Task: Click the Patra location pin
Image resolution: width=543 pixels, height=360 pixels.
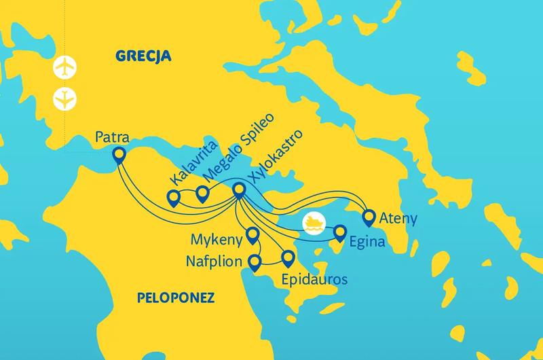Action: pos(120,156)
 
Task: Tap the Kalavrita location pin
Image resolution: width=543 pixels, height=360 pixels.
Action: pos(173,198)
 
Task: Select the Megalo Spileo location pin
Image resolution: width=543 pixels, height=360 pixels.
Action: pos(202,194)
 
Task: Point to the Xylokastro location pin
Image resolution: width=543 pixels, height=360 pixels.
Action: pos(239,190)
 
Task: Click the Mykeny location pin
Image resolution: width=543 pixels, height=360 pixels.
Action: pos(252,235)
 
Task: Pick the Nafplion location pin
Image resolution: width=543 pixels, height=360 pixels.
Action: pos(256,262)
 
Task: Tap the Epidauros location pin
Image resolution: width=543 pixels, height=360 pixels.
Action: pos(288,258)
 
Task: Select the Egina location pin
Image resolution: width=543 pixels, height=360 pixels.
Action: pos(339,232)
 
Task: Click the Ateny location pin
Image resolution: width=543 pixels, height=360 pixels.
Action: pos(369,217)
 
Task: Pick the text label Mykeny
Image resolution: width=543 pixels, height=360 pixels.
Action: pos(217,240)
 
